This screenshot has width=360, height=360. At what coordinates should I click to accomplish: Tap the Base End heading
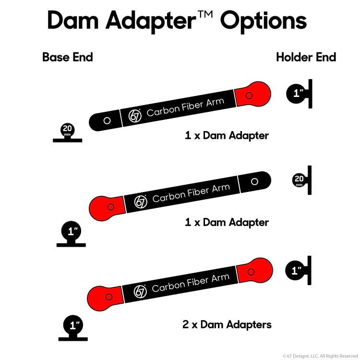(x=68, y=57)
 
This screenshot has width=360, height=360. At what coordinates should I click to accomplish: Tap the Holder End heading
(x=306, y=57)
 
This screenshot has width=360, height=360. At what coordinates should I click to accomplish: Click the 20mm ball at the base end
(x=67, y=130)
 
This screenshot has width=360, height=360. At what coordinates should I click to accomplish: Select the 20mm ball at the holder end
(x=299, y=180)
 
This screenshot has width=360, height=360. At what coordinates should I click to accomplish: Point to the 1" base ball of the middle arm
(x=72, y=232)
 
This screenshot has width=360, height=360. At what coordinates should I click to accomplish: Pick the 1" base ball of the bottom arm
(x=74, y=325)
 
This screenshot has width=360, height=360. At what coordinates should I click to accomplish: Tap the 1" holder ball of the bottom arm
(x=296, y=271)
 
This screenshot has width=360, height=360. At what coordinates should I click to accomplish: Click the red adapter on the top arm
(x=252, y=95)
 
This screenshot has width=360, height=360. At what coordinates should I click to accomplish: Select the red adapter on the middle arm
(x=107, y=207)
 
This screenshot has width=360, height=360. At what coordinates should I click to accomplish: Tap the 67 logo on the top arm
(x=136, y=115)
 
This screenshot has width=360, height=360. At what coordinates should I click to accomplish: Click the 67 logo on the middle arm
(x=141, y=202)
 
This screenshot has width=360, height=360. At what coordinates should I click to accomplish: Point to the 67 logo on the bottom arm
(x=140, y=291)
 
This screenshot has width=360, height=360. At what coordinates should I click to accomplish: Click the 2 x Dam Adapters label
(x=227, y=324)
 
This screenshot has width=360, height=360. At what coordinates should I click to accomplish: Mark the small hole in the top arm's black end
(x=107, y=120)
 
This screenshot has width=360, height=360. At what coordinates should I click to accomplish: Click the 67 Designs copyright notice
(x=320, y=356)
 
